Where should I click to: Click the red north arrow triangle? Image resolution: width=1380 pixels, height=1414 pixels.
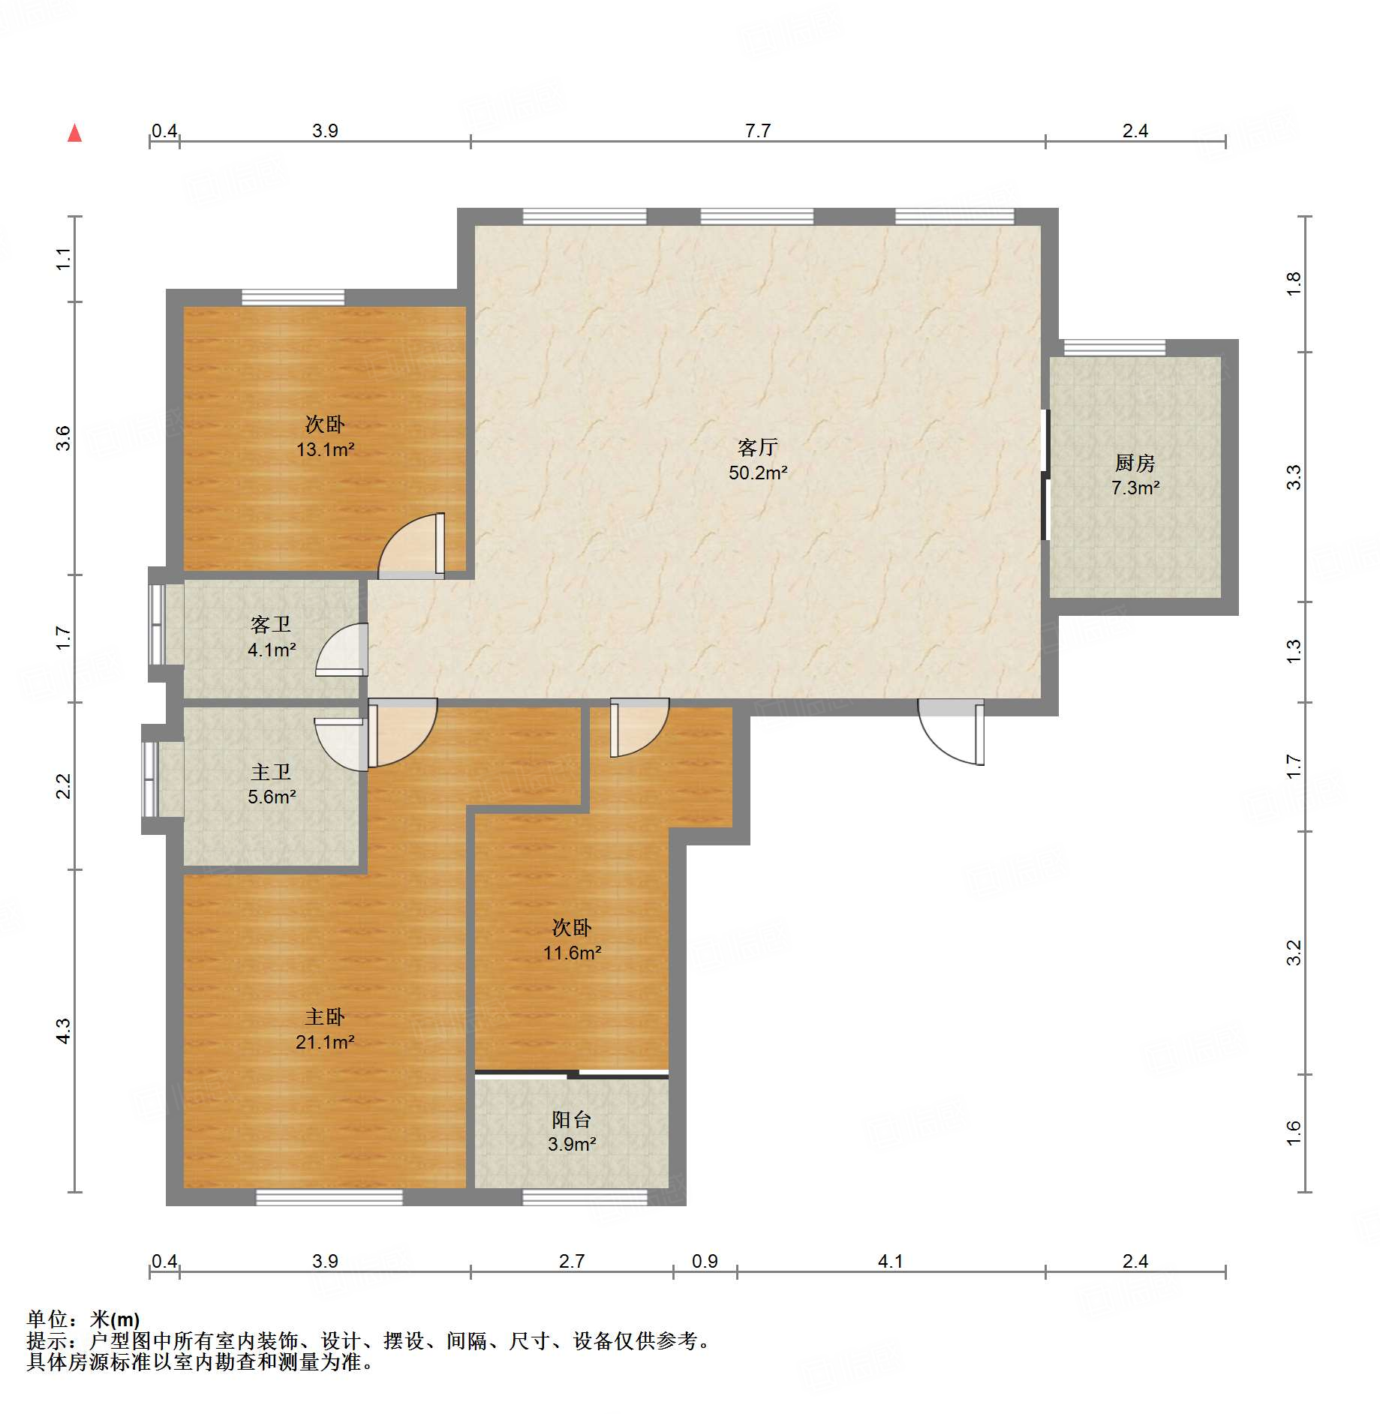click(x=74, y=133)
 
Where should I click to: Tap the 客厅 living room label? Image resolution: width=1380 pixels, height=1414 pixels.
click(x=757, y=448)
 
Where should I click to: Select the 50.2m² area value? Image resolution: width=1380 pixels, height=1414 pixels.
click(x=758, y=473)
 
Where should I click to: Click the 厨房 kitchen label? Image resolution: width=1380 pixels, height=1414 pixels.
click(x=1135, y=463)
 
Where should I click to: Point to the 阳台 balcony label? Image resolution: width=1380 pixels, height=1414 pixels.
click(x=571, y=1119)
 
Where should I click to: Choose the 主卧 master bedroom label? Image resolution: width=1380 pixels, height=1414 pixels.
click(x=325, y=1016)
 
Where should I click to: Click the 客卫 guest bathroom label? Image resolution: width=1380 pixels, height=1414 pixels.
click(x=271, y=624)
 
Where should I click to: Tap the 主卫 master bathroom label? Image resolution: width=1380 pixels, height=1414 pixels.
click(x=271, y=772)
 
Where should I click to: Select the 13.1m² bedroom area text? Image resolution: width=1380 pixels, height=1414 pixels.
click(x=325, y=449)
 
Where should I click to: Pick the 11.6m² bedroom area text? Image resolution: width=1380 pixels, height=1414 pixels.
click(x=572, y=953)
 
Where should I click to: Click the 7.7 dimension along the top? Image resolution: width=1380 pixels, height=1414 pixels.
click(x=758, y=131)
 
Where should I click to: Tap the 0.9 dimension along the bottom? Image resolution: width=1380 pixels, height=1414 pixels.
click(x=705, y=1261)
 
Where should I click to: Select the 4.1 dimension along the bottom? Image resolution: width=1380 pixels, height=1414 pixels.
click(x=890, y=1261)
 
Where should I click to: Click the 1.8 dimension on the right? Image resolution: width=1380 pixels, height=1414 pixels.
click(x=1294, y=284)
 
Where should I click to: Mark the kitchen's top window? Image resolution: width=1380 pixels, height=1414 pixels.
click(x=1114, y=347)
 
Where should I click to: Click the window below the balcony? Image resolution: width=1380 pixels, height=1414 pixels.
click(x=585, y=1197)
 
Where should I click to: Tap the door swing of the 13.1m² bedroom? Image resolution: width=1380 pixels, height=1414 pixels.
click(x=411, y=545)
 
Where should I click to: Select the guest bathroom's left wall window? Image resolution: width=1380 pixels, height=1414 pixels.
click(x=157, y=624)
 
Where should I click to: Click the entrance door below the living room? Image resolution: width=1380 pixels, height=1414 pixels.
click(x=951, y=731)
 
